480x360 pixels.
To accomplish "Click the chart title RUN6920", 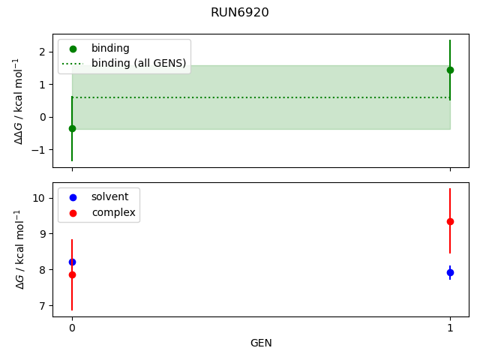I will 240,13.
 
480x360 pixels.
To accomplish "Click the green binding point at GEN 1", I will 450,70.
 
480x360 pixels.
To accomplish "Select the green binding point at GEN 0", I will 72,128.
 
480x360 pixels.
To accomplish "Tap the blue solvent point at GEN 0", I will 72,262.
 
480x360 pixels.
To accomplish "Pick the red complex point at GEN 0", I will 72,274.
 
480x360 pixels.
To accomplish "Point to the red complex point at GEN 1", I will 450,221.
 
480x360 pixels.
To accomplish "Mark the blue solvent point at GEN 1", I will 450,272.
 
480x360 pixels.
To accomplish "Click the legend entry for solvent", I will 109,196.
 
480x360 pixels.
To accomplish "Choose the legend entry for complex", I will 112,212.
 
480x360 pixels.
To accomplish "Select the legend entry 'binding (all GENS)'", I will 138,63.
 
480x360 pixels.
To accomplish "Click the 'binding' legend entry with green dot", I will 109,48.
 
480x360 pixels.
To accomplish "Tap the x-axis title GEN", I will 261,343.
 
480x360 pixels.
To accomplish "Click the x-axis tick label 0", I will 72,328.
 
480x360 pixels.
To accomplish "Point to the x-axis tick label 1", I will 450,328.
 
